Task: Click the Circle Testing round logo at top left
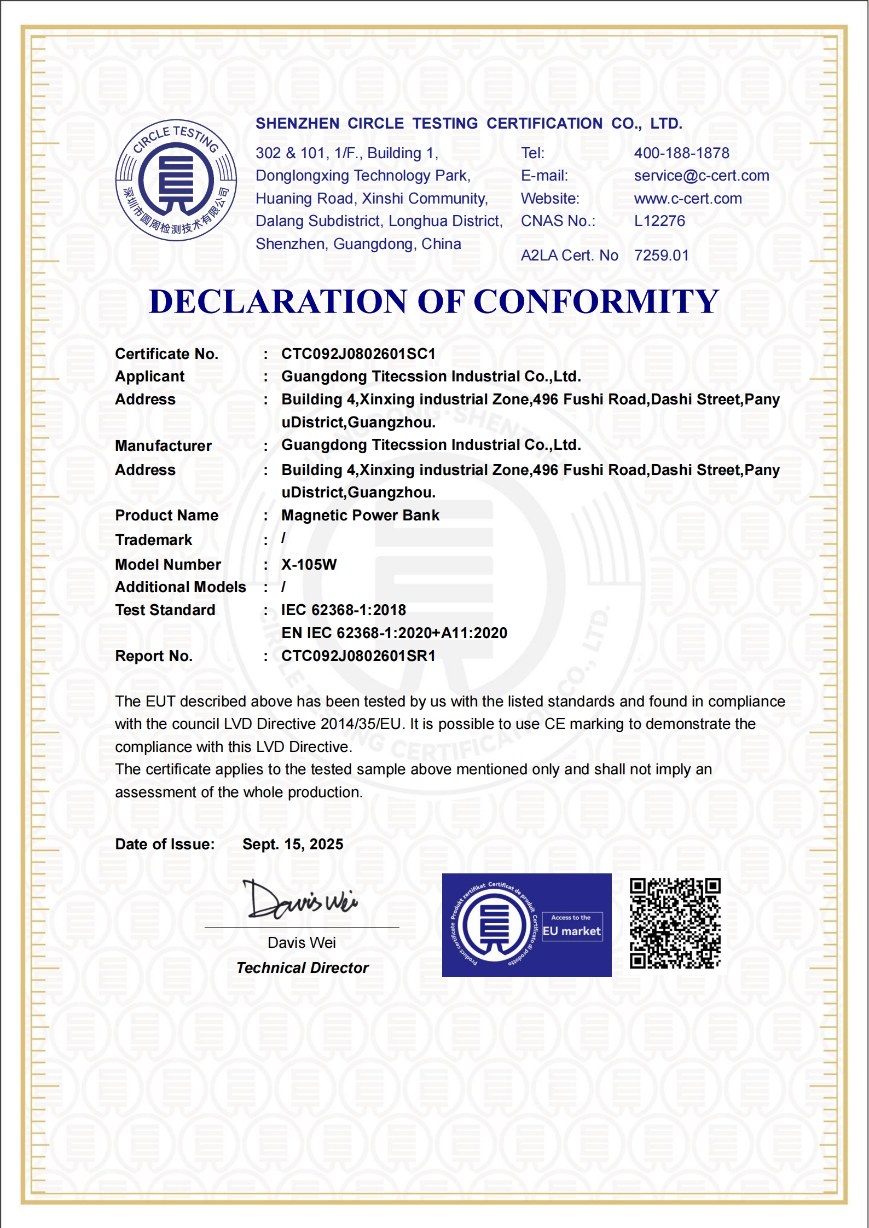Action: [x=176, y=180]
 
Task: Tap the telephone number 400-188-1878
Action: [x=681, y=153]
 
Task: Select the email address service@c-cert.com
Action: [x=701, y=176]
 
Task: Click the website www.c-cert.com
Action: [x=688, y=199]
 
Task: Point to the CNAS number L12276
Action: [x=659, y=221]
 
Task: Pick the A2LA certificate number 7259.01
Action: [x=661, y=256]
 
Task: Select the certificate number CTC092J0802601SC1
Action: [x=358, y=354]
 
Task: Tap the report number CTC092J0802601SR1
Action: [x=358, y=656]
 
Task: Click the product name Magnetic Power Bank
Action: [x=360, y=515]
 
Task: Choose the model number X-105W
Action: [x=309, y=565]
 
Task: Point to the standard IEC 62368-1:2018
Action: [x=344, y=610]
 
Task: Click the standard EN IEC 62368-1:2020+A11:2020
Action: [x=394, y=633]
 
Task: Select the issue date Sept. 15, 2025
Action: [x=293, y=844]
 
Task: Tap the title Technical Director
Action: [x=303, y=968]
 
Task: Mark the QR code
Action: [x=675, y=923]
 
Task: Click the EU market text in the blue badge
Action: [x=572, y=931]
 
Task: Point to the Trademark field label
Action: [x=154, y=540]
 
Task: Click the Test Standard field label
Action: [x=165, y=610]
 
